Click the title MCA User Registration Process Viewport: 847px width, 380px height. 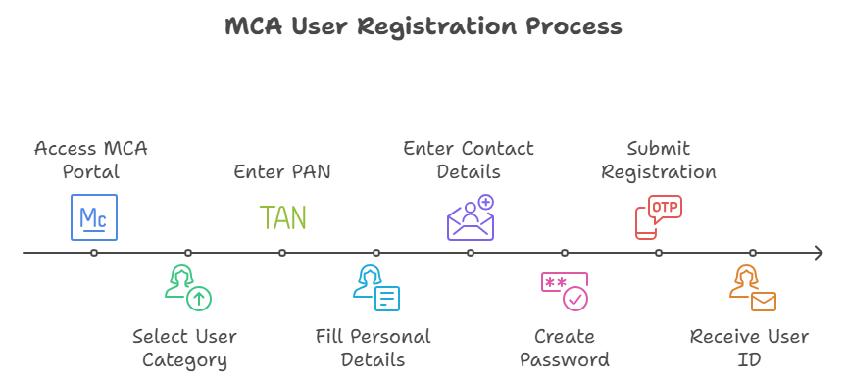click(423, 26)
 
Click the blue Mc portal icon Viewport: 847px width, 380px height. click(94, 217)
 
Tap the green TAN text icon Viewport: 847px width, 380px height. click(282, 217)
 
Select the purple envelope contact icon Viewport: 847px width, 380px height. click(471, 217)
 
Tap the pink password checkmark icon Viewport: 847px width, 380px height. click(565, 291)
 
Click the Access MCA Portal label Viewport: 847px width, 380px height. click(91, 160)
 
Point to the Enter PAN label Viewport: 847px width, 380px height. click(282, 171)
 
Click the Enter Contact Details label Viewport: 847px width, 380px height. click(469, 160)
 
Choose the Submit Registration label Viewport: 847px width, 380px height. click(658, 160)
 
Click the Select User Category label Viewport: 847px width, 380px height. click(185, 348)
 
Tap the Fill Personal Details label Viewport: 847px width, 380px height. click(374, 348)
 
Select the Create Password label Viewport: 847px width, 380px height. click(565, 348)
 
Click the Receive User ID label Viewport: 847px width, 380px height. click(750, 348)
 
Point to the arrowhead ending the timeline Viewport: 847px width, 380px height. click(818, 253)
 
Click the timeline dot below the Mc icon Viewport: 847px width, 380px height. click(94, 253)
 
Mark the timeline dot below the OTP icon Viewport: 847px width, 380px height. click(659, 253)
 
